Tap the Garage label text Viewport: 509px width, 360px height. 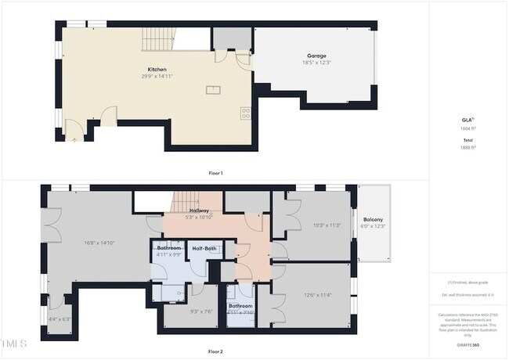316,56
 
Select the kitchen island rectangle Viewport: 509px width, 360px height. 214,89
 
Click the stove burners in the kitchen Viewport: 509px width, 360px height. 246,113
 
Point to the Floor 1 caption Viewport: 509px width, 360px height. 215,172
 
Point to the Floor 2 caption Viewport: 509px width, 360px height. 215,351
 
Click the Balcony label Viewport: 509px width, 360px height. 373,220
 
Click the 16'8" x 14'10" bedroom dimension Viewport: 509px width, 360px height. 100,243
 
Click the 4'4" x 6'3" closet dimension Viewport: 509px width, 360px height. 60,319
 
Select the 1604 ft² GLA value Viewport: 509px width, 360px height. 468,128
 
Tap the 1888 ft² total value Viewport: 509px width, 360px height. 468,146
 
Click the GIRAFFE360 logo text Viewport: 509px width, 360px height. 468,345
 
